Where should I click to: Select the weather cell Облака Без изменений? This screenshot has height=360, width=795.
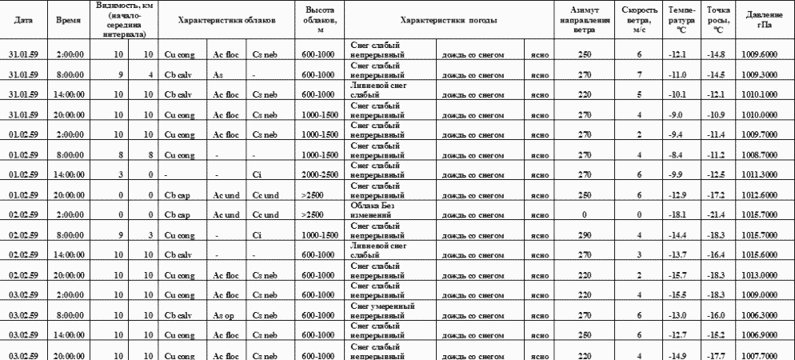[376, 210]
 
